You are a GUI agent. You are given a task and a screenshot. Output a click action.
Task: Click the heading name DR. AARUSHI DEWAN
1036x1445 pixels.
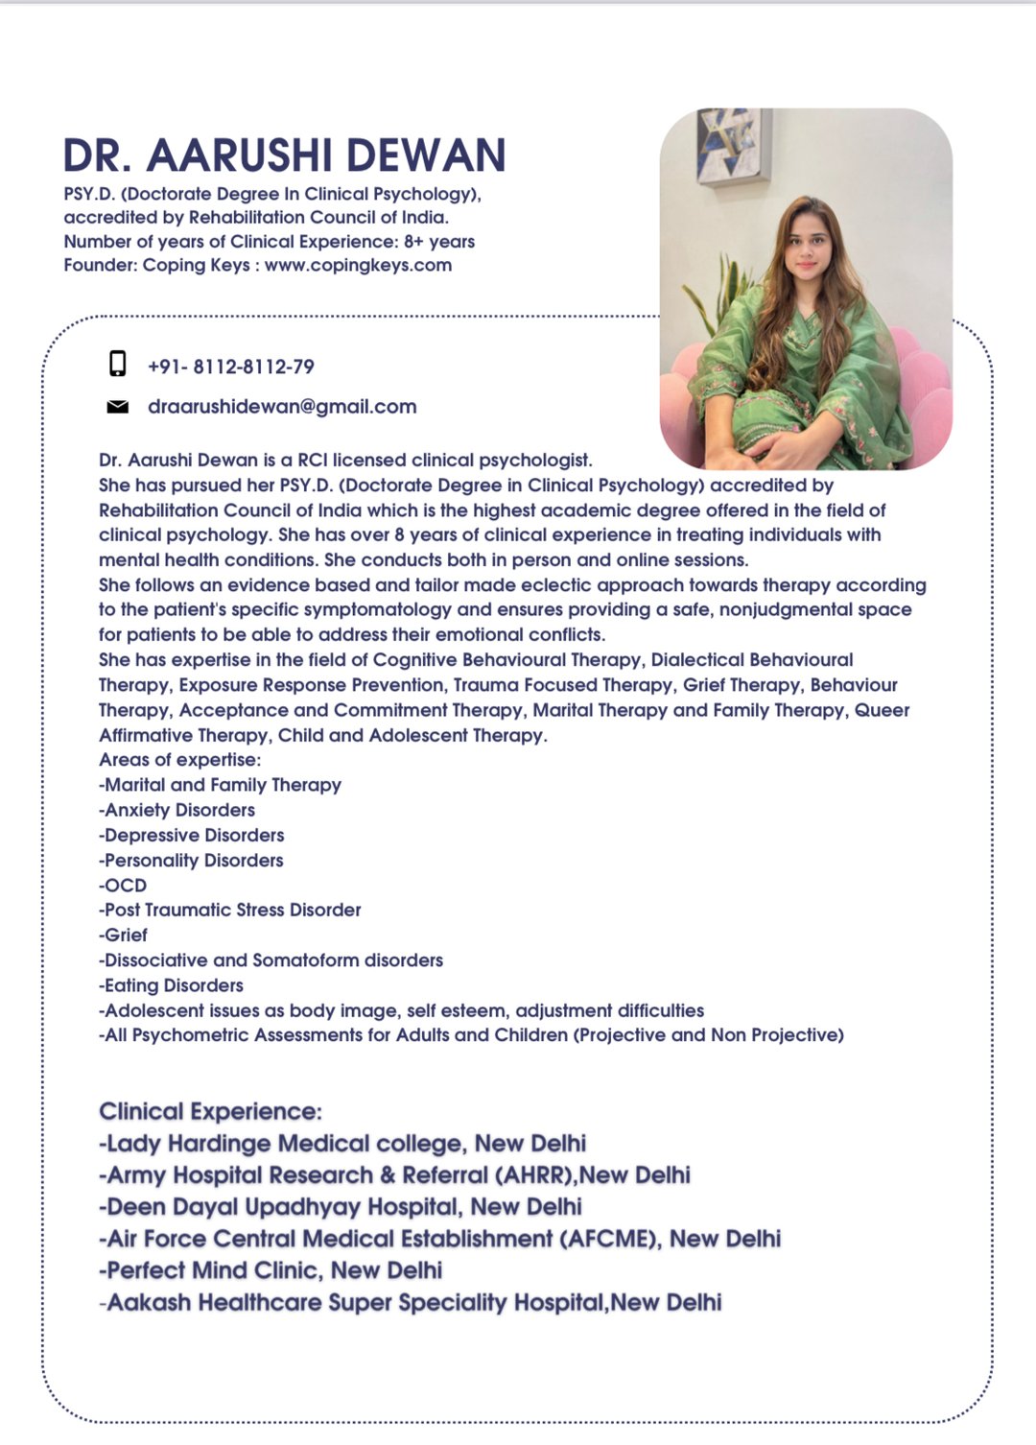pos(284,155)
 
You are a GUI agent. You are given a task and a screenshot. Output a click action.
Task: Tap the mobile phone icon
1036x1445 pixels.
pos(117,364)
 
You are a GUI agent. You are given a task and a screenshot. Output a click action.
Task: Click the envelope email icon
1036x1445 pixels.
pos(117,407)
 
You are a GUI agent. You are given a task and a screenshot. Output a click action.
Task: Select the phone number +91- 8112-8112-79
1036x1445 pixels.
pos(231,367)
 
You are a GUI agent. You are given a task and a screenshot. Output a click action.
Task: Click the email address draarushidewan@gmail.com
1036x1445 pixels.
pos(282,407)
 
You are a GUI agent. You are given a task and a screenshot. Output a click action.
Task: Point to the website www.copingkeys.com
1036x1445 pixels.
pos(358,265)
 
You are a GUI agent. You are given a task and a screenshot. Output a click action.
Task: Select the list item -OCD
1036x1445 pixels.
pos(123,885)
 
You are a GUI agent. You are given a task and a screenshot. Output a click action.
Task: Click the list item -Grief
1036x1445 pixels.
pos(124,935)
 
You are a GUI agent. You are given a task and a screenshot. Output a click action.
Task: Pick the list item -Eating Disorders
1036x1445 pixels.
pos(171,985)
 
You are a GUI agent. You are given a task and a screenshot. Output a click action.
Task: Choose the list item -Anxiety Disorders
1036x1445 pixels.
pos(177,810)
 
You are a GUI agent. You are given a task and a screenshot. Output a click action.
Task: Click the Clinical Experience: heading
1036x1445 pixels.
pos(211,1111)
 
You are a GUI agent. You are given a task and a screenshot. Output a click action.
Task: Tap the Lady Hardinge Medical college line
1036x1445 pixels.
pos(342,1143)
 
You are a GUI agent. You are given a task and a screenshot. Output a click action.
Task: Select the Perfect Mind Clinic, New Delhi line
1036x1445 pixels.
pos(271,1270)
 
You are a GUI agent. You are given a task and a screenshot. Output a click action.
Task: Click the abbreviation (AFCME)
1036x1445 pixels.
pos(610,1239)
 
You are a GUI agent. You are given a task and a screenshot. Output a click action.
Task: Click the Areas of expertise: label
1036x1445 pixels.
pos(179,760)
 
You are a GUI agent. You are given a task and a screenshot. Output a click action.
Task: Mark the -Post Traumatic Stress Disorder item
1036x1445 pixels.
pos(230,910)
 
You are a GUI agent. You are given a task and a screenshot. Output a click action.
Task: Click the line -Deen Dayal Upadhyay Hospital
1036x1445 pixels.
pos(341,1206)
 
